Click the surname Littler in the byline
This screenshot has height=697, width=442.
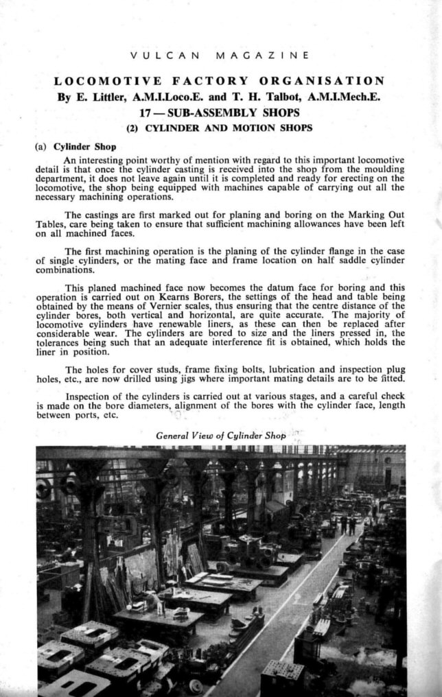click(x=104, y=97)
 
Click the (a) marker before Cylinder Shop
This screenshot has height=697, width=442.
click(x=42, y=146)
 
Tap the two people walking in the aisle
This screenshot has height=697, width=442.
click(x=348, y=525)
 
